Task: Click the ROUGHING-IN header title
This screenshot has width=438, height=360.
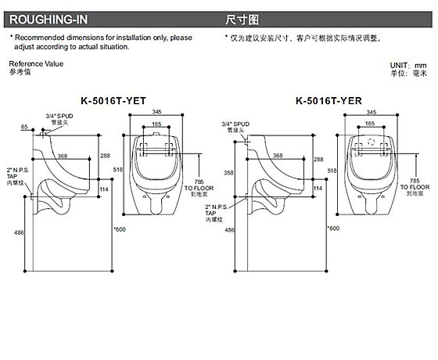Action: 48,20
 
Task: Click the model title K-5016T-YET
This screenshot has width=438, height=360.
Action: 113,101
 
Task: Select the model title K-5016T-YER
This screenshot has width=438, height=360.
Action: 328,101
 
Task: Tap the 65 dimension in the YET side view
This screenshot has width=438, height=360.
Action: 24,127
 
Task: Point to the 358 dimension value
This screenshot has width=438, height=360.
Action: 228,173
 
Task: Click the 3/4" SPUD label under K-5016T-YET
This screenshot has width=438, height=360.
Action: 59,116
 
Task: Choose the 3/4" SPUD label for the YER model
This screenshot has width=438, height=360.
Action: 235,124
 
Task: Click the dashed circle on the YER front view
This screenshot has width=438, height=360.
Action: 371,142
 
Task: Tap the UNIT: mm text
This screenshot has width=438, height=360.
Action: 408,66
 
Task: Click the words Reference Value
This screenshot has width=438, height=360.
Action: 36,63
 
